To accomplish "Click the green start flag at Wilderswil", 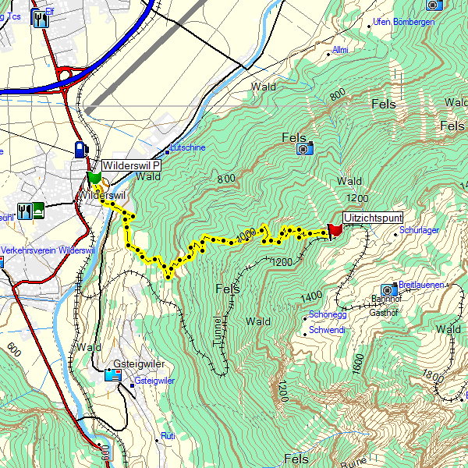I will pos(94,178).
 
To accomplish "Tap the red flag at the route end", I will pos(335,229).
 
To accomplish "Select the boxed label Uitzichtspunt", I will pos(373,218).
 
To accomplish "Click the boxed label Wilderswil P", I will pos(132,166).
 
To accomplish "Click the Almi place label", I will pos(340,50).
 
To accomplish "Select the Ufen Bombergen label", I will pos(404,22).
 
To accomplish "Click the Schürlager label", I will pos(420,231).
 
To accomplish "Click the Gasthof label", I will pos(384,312).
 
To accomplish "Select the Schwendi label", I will pos(327,330).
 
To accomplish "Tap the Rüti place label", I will pos(168,435).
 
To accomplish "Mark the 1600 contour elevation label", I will pos(358,363).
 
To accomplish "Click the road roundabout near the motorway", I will pos(66,76).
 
